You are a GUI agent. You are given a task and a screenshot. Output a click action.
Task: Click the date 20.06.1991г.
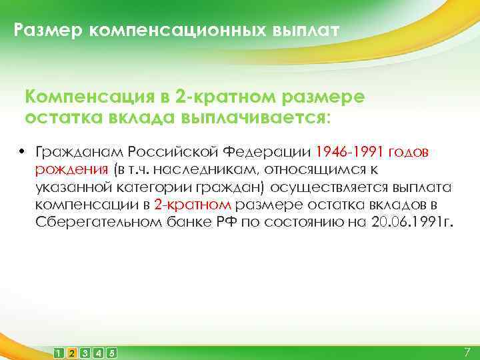coord(413,222)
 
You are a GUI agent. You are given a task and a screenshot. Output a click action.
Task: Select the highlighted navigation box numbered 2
coord(72,352)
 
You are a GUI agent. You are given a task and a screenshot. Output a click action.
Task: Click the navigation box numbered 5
coord(111,352)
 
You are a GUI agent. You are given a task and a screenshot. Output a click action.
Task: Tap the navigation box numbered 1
coord(59,352)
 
